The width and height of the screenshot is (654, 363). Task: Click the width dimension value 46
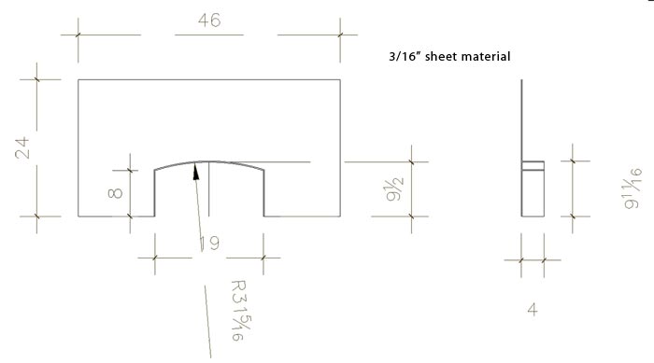pyautogui.click(x=209, y=21)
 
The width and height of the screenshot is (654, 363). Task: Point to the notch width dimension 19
pyautogui.click(x=208, y=244)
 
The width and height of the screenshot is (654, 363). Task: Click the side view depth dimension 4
pyautogui.click(x=533, y=308)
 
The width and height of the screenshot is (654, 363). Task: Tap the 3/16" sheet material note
pyautogui.click(x=448, y=57)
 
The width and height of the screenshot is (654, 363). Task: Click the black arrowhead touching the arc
pyautogui.click(x=196, y=169)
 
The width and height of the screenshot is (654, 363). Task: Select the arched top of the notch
pyautogui.click(x=209, y=161)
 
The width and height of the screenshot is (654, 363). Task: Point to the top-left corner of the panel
pyautogui.click(x=78, y=80)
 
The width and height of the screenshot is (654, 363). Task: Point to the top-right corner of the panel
pyautogui.click(x=340, y=80)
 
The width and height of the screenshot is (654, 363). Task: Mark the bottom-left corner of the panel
pyautogui.click(x=78, y=216)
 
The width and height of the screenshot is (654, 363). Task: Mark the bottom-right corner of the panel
pyautogui.click(x=340, y=216)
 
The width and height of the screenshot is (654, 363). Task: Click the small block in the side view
pyautogui.click(x=533, y=191)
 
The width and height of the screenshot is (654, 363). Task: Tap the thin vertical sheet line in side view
pyautogui.click(x=521, y=121)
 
